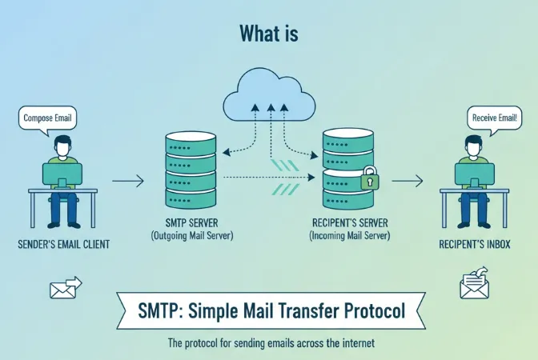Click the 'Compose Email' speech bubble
[47, 118]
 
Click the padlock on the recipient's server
[369, 180]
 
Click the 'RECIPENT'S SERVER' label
[350, 224]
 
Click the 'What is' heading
[268, 33]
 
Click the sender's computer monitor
[61, 174]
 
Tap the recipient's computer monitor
[474, 174]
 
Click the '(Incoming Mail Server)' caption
[350, 237]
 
